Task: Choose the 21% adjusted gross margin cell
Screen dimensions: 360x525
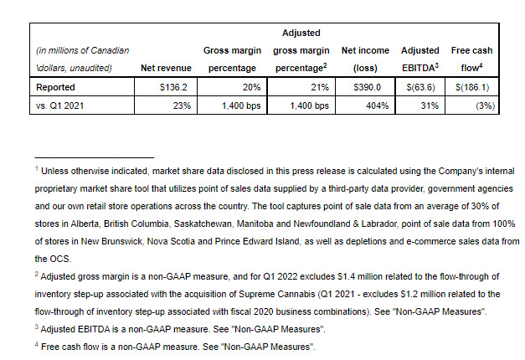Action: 312,86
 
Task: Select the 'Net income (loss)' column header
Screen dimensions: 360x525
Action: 365,58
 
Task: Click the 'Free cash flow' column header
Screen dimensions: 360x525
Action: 471,58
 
